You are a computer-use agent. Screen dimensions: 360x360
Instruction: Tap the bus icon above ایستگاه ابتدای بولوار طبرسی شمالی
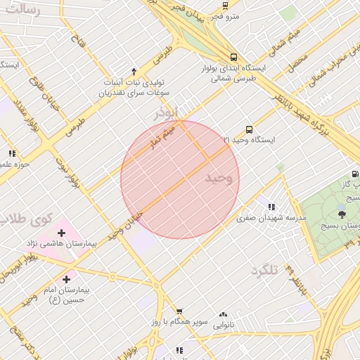[233, 57]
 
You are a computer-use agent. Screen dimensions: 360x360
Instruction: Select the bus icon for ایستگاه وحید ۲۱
[249, 129]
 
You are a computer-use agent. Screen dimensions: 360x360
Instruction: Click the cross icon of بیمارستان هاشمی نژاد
[61, 232]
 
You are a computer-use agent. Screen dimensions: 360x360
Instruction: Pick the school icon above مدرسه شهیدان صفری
[271, 207]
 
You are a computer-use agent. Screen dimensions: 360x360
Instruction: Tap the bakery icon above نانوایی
[224, 315]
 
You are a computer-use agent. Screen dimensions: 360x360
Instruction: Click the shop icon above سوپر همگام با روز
[179, 311]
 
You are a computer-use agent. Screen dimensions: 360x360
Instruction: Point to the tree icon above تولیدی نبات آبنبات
[124, 71]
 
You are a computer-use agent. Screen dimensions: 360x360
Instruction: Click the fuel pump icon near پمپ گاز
[354, 174]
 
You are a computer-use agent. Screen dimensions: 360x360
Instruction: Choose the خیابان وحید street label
[127, 225]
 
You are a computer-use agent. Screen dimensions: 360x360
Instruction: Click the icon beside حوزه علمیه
[12, 153]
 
